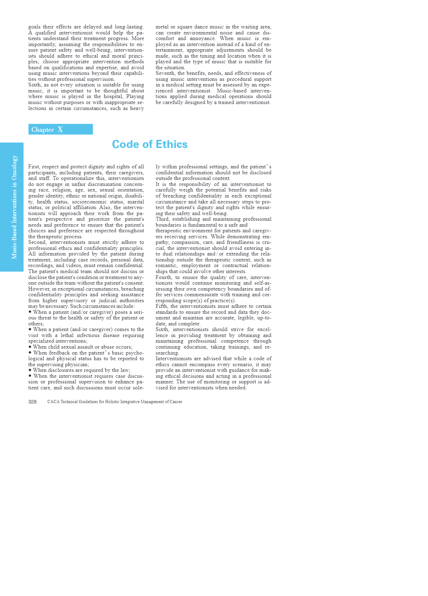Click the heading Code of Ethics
tap(150, 144)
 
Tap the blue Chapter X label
tap(60, 129)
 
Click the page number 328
tap(32, 402)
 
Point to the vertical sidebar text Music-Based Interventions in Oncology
tap(14, 207)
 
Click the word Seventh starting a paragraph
tap(165, 73)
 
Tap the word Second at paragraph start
tap(37, 242)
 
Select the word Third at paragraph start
tap(162, 219)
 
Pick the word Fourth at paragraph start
tap(164, 277)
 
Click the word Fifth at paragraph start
tap(162, 306)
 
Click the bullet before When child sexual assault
tap(30, 346)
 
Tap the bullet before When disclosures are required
tap(30, 370)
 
